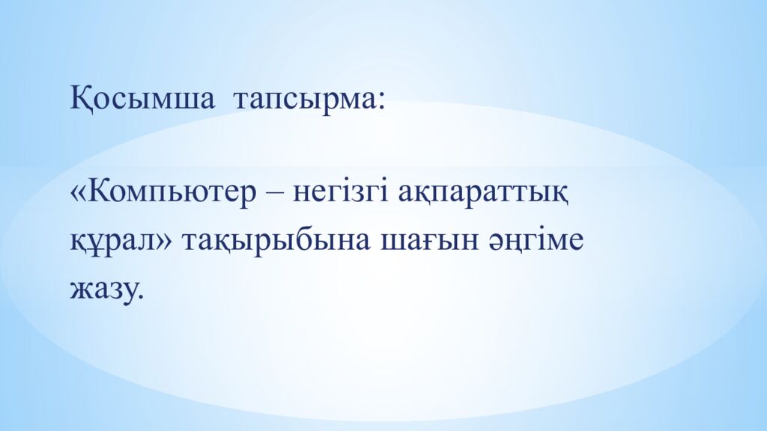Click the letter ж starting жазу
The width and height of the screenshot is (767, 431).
click(79, 290)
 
